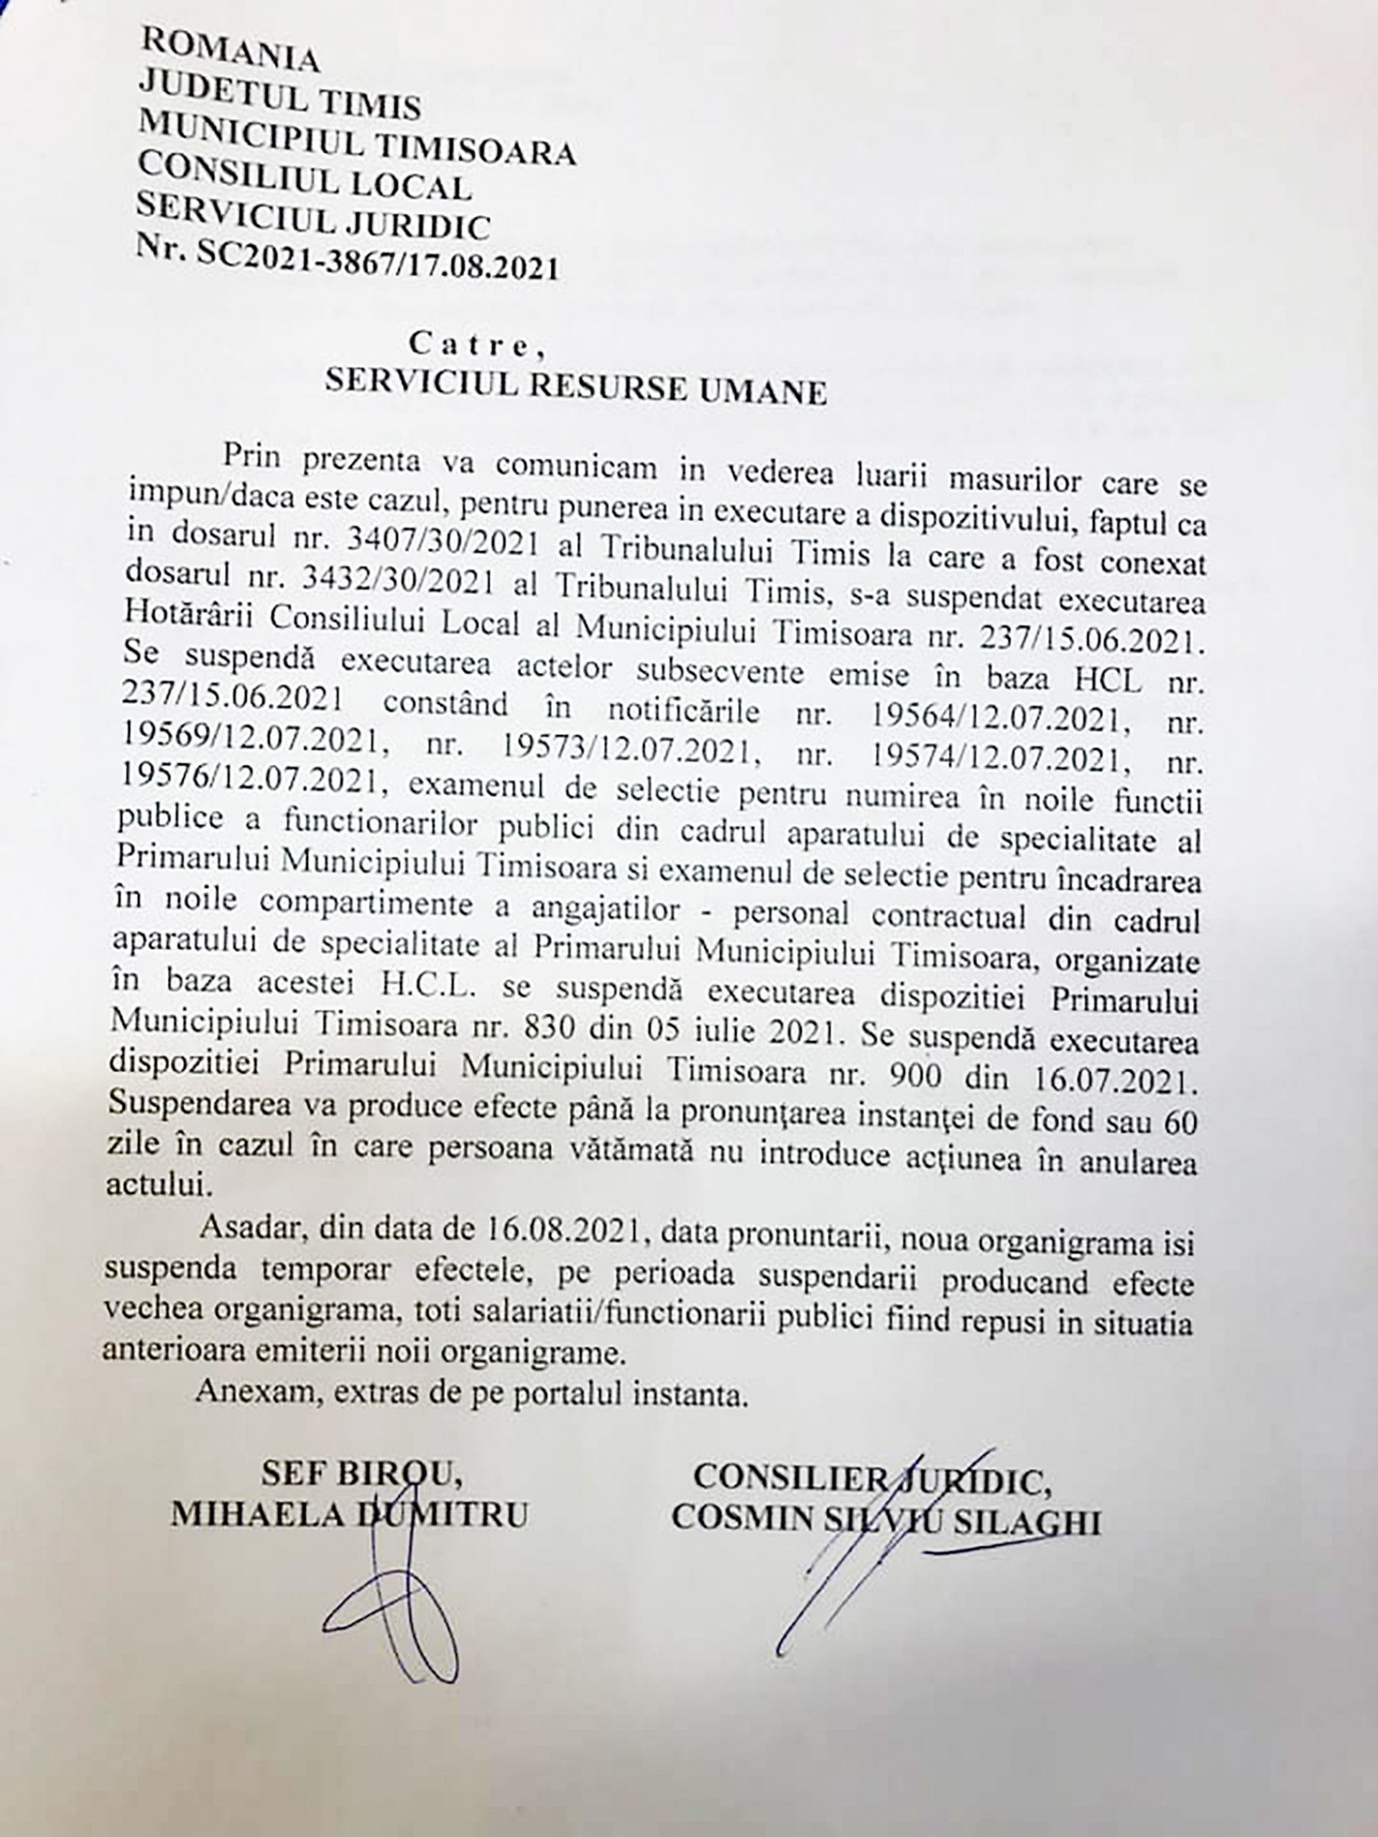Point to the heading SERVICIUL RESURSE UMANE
pyautogui.click(x=575, y=389)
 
